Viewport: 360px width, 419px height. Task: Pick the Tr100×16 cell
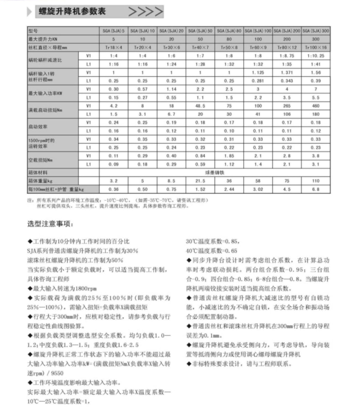pos(316,47)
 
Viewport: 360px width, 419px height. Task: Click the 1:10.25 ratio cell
pos(316,56)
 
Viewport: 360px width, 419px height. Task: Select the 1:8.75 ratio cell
pos(287,56)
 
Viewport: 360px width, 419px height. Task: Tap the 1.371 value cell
pos(287,72)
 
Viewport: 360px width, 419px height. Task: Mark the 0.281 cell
pos(258,81)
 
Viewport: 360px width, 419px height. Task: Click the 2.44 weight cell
pos(229,189)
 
